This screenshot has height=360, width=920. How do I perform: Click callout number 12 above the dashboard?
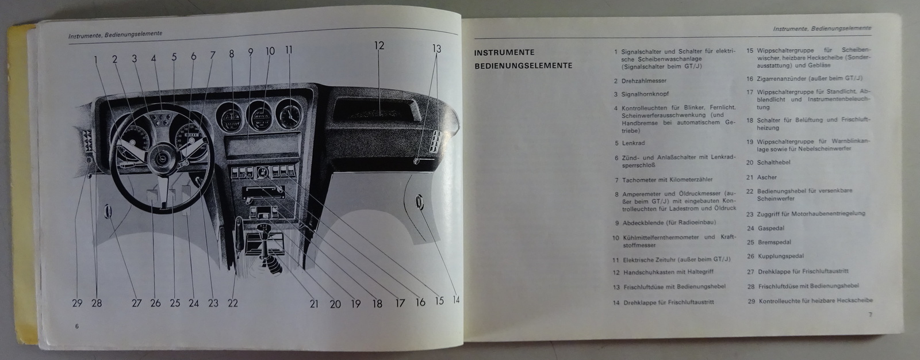378,45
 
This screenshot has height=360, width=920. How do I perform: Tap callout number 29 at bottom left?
77,302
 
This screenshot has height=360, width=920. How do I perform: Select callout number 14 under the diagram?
455,300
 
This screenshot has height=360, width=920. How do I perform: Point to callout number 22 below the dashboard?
232,302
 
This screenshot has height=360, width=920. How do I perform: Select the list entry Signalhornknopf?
645,94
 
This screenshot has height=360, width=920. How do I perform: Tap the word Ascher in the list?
767,177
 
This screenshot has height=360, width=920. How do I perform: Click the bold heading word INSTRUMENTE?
504,52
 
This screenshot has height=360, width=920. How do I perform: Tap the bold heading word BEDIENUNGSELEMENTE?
523,66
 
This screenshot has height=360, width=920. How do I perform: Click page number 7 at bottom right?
870,314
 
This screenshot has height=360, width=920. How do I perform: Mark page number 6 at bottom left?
76,326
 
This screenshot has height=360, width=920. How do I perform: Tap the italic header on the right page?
822,28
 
